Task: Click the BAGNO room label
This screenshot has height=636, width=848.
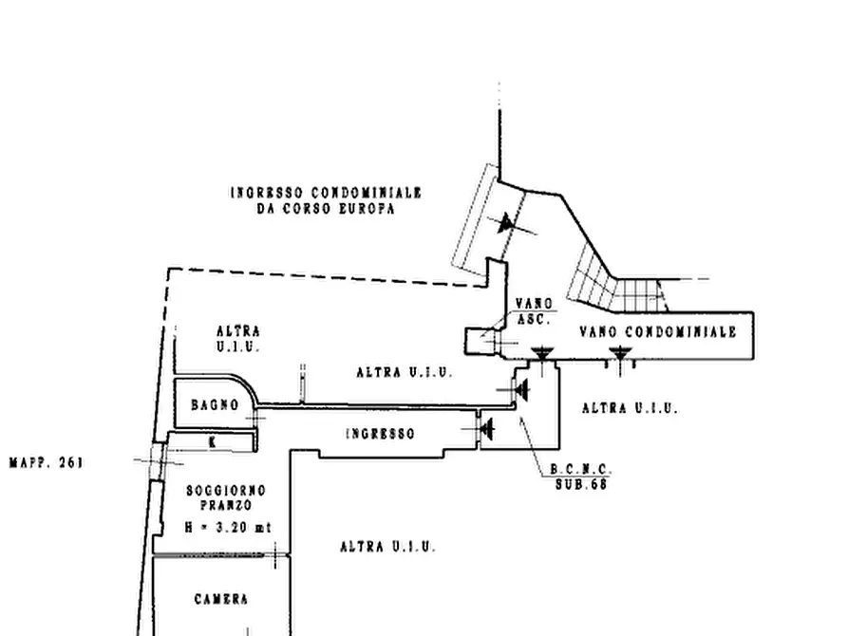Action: point(215,405)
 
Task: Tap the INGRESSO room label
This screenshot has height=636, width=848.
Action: point(379,434)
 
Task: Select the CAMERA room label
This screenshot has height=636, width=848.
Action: point(221,599)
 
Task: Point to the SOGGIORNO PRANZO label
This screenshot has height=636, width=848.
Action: point(226,497)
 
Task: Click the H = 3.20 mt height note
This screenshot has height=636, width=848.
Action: point(226,527)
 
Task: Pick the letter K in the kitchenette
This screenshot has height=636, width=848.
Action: point(213,441)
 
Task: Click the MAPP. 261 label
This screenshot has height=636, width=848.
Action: point(46,463)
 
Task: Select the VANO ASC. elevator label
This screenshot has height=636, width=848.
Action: point(533,311)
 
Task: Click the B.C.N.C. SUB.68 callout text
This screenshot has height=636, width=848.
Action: point(581,477)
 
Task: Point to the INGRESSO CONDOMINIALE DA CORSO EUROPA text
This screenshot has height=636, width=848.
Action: point(326,199)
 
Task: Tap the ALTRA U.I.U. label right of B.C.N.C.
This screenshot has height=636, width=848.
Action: point(630,408)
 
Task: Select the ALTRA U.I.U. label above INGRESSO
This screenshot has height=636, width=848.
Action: point(404,373)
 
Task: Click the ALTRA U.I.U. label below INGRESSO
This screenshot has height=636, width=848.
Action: point(387,547)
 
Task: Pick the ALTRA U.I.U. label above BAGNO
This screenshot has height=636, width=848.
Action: point(238,339)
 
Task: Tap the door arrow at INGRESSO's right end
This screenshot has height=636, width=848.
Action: point(487,429)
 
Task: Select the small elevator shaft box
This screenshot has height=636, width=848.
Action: point(481,341)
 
